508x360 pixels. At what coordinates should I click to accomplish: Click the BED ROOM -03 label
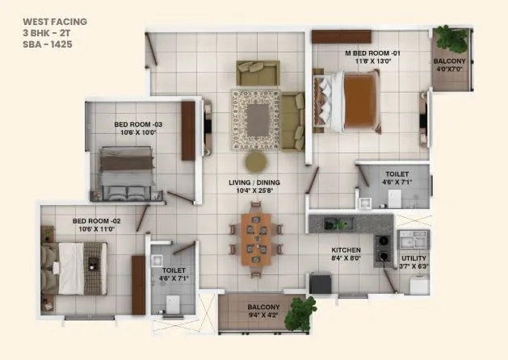tap(138, 124)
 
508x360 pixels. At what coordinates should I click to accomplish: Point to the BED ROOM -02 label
tap(96, 220)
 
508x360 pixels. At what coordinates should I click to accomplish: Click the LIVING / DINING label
tap(255, 183)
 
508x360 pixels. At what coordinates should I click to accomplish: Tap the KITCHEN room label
tap(346, 250)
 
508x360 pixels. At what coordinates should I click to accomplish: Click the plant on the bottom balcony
tap(300, 312)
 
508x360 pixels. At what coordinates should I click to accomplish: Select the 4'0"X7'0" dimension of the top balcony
tap(449, 69)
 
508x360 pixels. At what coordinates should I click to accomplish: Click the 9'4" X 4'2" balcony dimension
tap(263, 316)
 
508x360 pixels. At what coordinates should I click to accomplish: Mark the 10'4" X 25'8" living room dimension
tap(255, 192)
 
